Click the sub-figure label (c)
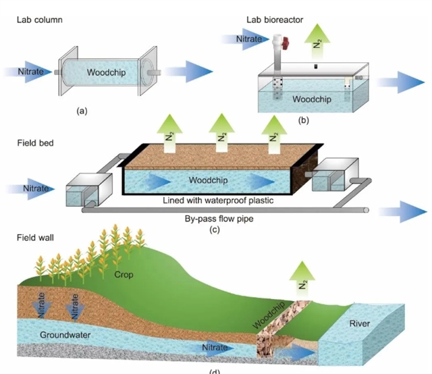point(215,230)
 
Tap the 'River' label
point(359,324)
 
